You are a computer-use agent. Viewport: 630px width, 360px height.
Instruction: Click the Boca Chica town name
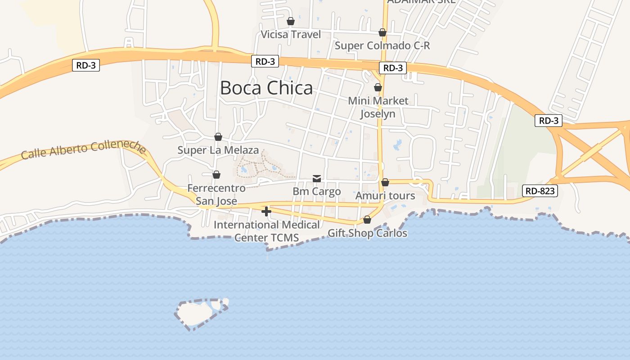coord(266,88)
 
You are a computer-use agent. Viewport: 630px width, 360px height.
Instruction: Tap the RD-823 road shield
coord(540,191)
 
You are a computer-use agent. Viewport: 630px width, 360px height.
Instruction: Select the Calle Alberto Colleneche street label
coord(84,150)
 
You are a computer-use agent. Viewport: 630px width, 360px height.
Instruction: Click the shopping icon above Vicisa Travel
coord(291,21)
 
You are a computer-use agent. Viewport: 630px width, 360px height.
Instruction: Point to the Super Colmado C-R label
coord(382,45)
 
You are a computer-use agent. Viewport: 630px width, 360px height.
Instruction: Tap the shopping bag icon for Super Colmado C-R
coord(382,32)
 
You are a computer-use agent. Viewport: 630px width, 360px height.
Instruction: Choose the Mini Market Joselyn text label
coord(378,107)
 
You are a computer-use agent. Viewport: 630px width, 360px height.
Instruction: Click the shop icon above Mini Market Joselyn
coord(378,87)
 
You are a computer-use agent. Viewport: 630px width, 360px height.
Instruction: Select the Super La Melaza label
coord(218,150)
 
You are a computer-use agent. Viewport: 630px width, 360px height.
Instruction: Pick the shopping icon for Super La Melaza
coord(218,137)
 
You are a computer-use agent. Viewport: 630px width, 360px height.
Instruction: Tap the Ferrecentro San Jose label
coord(216,194)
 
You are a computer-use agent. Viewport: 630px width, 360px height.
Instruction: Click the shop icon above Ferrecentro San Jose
coord(216,175)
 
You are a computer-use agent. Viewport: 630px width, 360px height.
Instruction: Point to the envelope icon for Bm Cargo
coord(317,179)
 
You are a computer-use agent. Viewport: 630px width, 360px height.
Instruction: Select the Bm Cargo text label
coord(317,191)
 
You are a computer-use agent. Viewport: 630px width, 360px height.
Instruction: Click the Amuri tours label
coord(385,196)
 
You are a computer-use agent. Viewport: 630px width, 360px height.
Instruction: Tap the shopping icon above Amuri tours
coord(385,183)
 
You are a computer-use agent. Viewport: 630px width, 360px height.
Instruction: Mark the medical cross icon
coord(266,211)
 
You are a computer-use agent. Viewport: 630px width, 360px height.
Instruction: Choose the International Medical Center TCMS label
coord(267,231)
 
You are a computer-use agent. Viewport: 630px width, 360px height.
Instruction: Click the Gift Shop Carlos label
coord(367,233)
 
